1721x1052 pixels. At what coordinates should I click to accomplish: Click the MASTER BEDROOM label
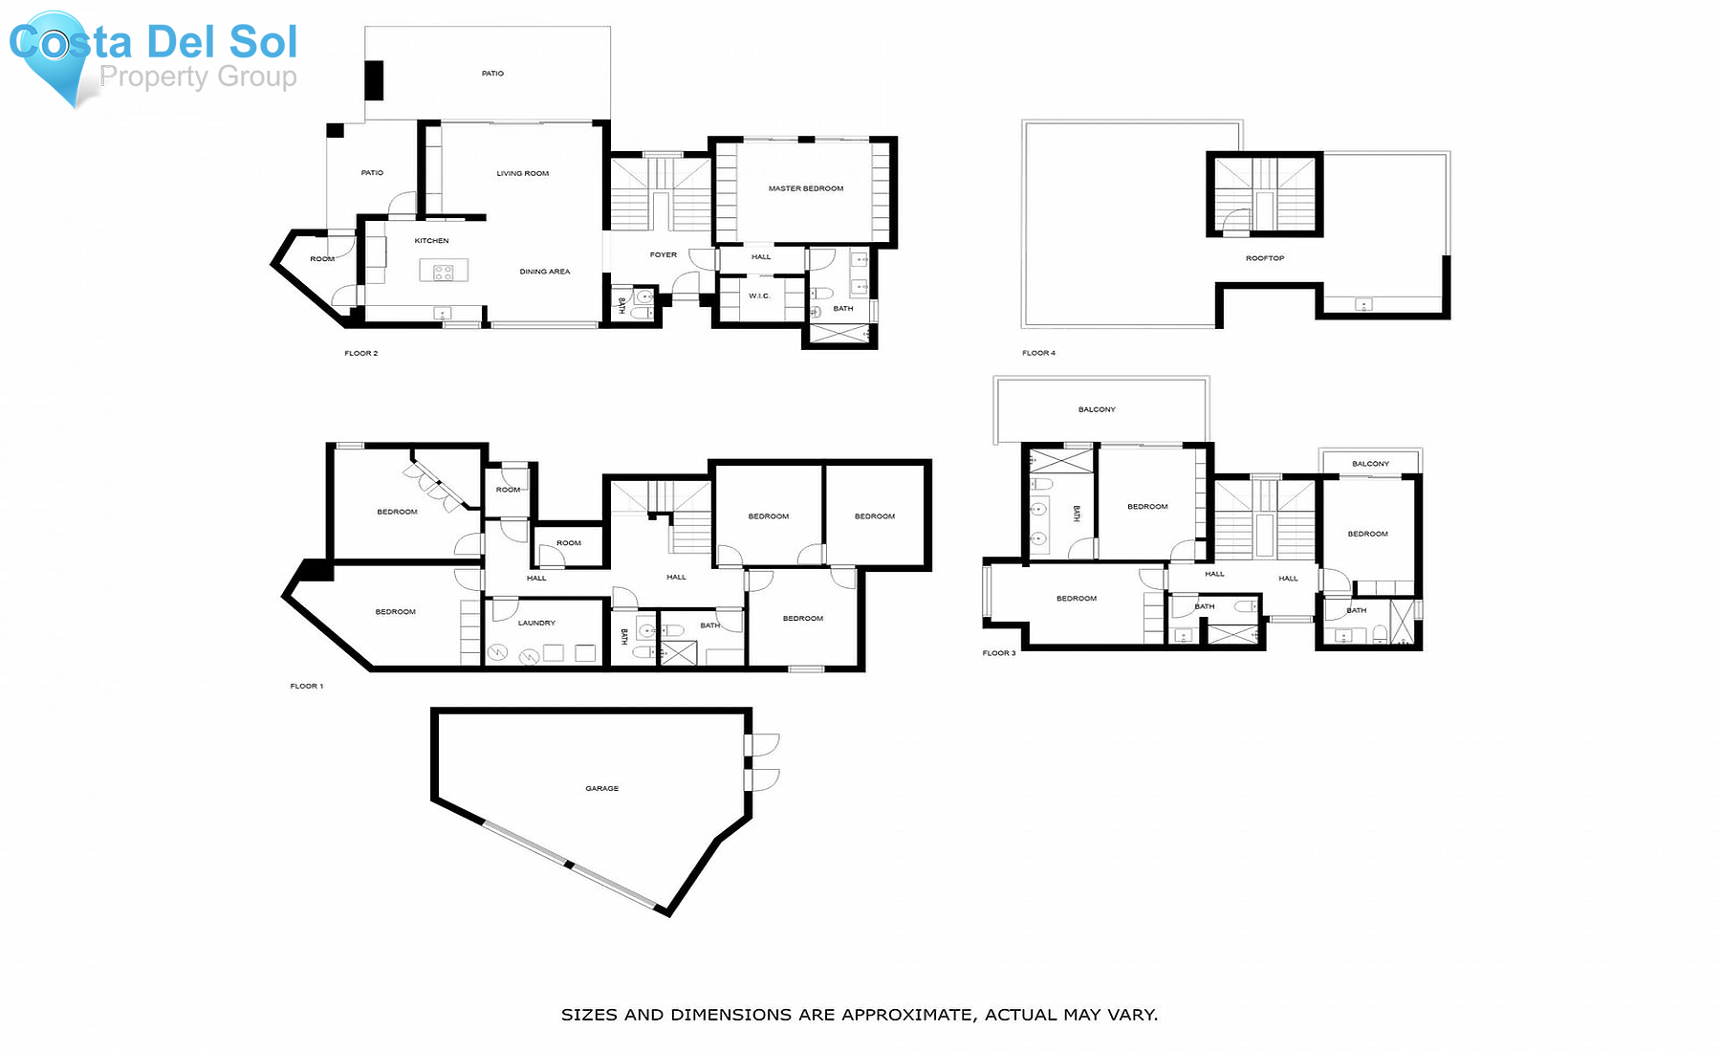(805, 188)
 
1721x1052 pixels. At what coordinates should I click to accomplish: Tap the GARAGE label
(601, 788)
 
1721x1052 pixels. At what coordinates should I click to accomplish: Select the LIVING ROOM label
(522, 173)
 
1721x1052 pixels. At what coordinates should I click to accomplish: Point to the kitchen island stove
(444, 272)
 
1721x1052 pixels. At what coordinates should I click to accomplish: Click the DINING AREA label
(544, 272)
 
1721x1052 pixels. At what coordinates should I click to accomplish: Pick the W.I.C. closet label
(759, 296)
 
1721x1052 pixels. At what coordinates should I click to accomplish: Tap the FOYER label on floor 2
(663, 254)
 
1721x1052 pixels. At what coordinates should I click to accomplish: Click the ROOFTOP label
(1264, 258)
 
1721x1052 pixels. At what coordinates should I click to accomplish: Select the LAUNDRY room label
(536, 623)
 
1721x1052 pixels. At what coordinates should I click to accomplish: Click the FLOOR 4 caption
(1038, 353)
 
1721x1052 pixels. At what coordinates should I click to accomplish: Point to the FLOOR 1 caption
(307, 686)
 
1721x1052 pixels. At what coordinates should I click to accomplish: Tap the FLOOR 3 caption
(999, 653)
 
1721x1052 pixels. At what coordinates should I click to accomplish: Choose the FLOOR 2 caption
(360, 353)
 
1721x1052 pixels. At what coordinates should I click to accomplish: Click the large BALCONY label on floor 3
(1097, 409)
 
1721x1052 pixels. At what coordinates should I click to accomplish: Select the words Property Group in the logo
(198, 77)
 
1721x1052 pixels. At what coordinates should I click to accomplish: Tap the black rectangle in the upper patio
(374, 80)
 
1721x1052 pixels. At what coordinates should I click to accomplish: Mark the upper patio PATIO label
(492, 73)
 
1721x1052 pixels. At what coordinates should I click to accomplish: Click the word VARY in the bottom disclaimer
(1134, 1015)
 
